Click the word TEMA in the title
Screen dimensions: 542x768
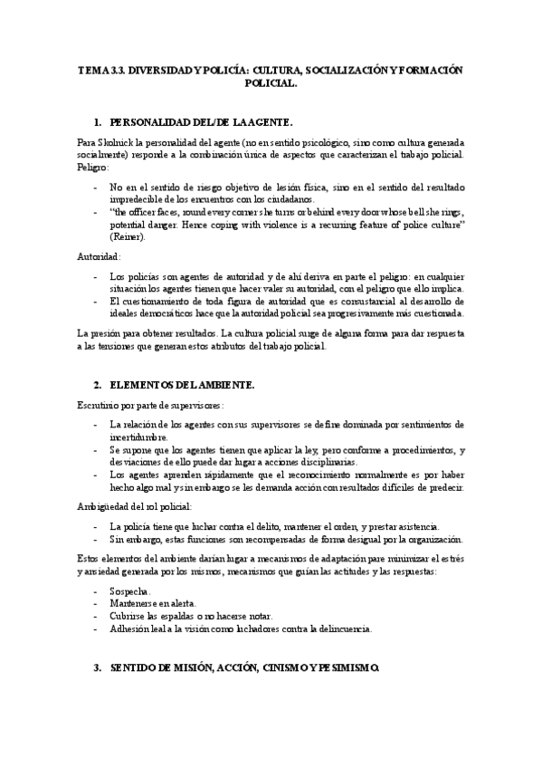point(92,69)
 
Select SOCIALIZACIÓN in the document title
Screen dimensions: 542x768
point(347,69)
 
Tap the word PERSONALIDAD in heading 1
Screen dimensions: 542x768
point(152,120)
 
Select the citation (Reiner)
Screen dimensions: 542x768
point(127,235)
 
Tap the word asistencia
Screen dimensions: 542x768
point(412,526)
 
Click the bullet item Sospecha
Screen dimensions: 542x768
point(129,590)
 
